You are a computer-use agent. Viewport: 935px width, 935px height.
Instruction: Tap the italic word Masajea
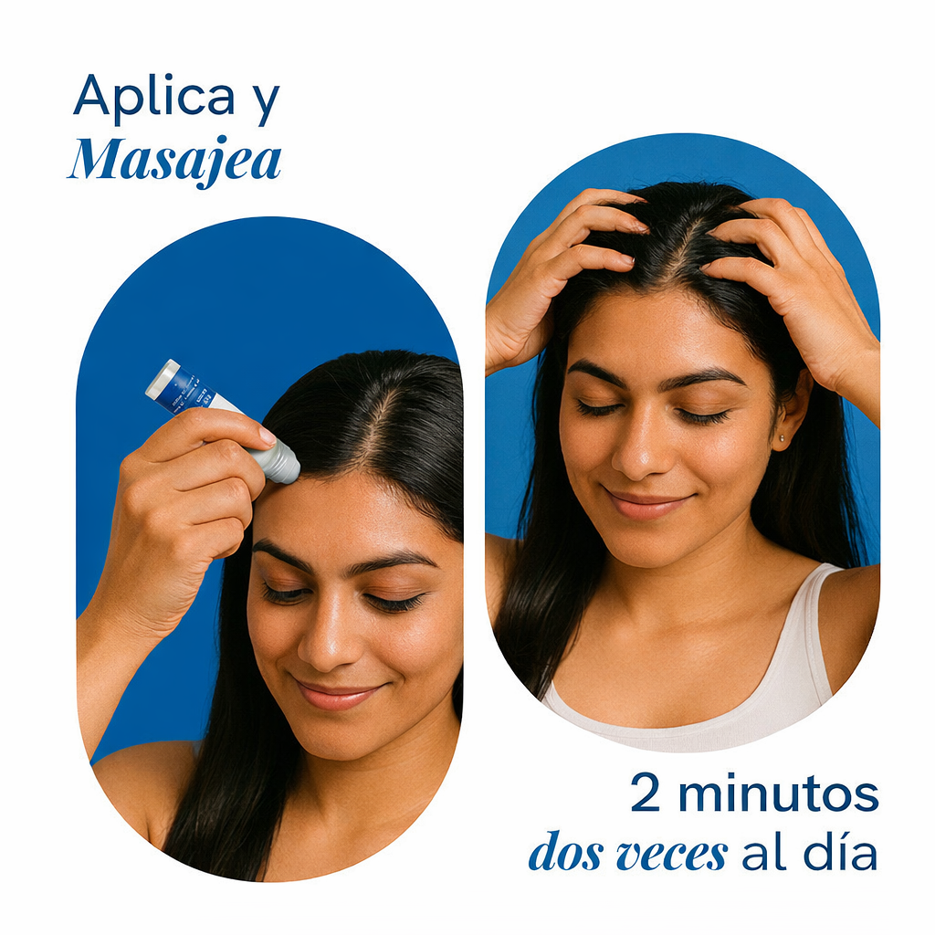point(174,161)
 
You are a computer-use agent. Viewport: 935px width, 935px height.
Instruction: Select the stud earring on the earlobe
point(782,439)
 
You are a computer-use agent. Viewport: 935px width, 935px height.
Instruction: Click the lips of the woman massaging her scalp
point(647,503)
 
